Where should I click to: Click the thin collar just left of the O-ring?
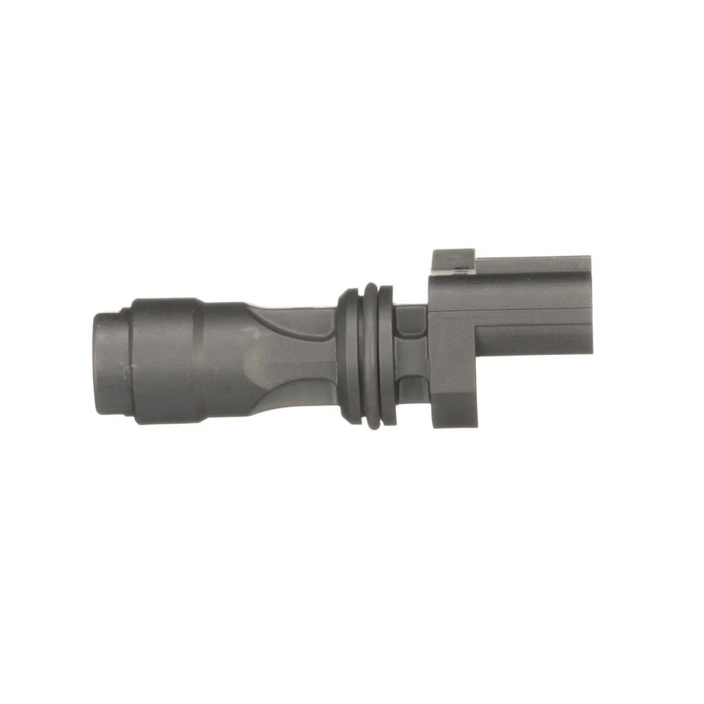[348, 355]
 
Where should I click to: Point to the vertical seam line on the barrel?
[199, 359]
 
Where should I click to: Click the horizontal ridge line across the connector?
[513, 309]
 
